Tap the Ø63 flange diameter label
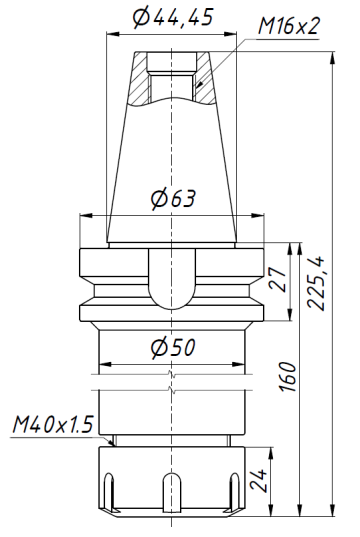pyautogui.click(x=172, y=198)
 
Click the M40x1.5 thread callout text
pyautogui.click(x=51, y=425)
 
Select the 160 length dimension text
pyautogui.click(x=288, y=378)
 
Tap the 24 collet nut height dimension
pyautogui.click(x=257, y=482)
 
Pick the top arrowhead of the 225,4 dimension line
pyautogui.click(x=330, y=51)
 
